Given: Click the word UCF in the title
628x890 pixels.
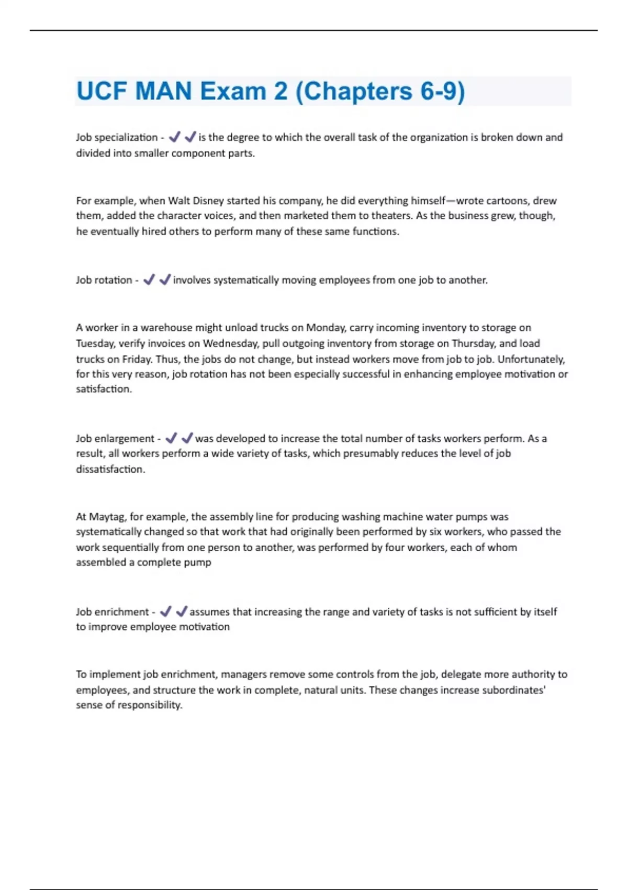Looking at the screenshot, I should (x=102, y=91).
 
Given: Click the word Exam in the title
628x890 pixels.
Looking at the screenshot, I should (x=233, y=91).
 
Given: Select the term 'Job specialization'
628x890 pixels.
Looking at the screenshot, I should (x=117, y=137).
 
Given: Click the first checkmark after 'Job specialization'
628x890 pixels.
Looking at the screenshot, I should (x=175, y=137).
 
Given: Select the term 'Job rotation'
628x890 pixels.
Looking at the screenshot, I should (x=104, y=280).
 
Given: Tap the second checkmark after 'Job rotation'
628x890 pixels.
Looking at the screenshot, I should (x=165, y=280).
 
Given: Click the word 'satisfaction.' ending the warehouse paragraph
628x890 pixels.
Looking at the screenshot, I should (x=104, y=389).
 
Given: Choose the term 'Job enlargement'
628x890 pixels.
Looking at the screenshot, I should (x=115, y=439).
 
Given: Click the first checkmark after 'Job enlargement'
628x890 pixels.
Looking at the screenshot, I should (x=171, y=438).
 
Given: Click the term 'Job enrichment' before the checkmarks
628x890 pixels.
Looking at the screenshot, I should (x=113, y=611).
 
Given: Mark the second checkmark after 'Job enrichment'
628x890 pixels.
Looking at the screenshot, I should (x=182, y=611).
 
